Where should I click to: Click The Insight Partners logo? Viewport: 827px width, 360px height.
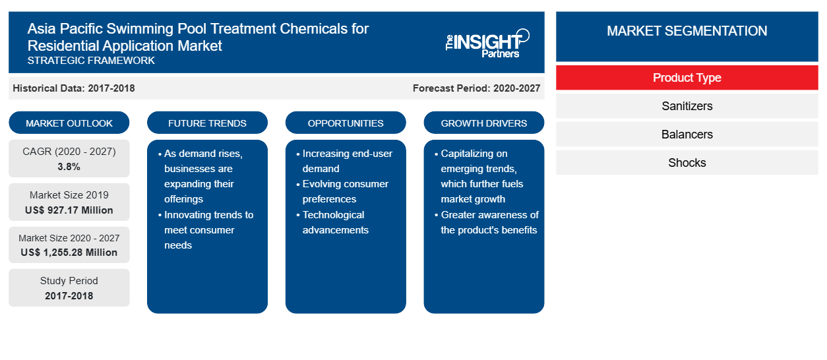pos(487,44)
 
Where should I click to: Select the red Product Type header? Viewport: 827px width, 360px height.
pos(687,78)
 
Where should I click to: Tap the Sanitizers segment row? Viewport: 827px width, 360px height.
pos(687,106)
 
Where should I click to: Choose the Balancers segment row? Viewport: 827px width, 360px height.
pos(687,134)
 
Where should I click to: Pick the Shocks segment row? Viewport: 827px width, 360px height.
pos(687,162)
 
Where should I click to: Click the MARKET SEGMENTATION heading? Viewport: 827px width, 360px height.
pos(687,31)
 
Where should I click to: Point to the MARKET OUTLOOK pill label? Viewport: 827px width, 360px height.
pos(69,123)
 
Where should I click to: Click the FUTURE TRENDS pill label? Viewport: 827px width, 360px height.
pos(207,123)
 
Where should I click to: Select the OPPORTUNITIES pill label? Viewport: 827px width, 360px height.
pos(346,123)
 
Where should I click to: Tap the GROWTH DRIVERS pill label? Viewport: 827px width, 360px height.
pos(483,123)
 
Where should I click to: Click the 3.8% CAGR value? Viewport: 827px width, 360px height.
pos(69,167)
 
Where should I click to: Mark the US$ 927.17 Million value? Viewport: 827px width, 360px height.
pos(69,210)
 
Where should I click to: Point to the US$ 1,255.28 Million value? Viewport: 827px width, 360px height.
pos(69,253)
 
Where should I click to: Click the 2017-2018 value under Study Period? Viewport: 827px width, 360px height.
pos(69,296)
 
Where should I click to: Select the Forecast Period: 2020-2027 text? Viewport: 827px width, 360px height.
pos(476,88)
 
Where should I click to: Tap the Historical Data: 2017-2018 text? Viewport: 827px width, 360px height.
pos(74,88)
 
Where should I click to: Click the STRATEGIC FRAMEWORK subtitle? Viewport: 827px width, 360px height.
pos(91,61)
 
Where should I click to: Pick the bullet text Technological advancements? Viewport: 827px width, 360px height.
pos(335,222)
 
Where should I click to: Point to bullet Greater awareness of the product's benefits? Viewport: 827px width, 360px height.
pos(487,222)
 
